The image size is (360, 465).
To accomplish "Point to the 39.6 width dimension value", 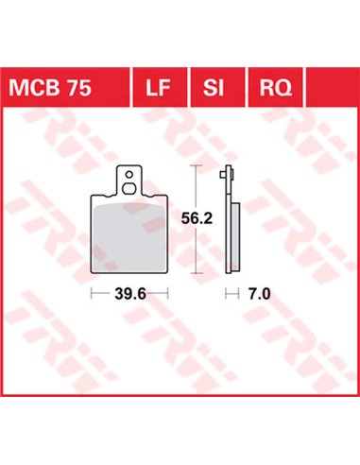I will (129, 295).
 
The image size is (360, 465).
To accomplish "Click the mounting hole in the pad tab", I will (129, 175).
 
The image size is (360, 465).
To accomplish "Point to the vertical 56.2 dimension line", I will (196, 246).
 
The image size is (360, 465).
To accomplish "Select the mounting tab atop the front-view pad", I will (129, 180).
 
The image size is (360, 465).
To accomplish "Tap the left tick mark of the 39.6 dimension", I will (91, 295).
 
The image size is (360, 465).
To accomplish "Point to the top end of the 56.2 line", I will (196, 166).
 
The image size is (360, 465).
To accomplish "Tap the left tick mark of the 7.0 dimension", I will (227, 295).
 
